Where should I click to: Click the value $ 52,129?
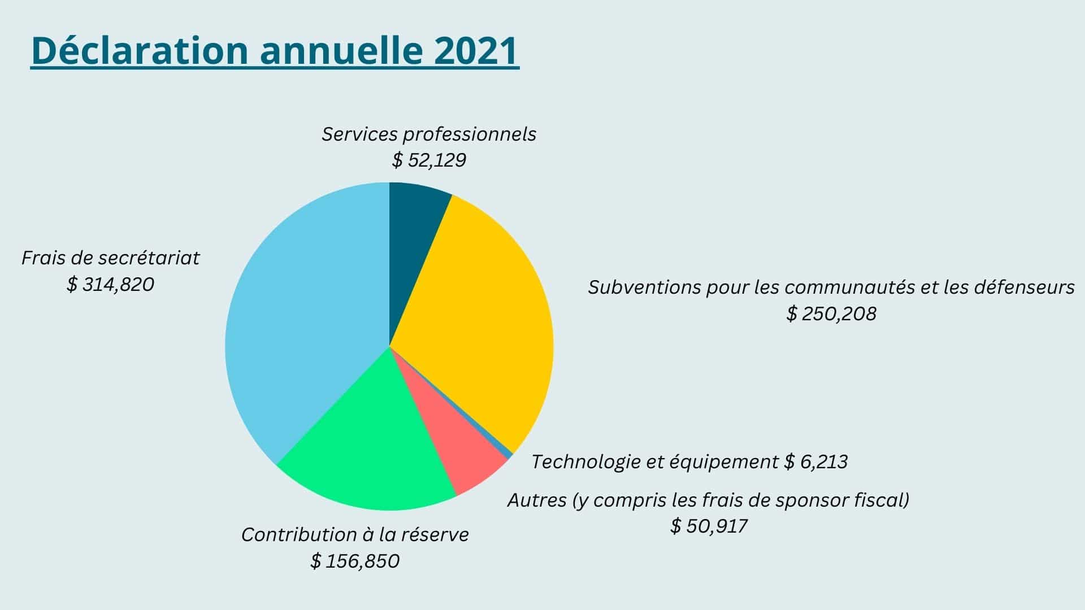click(429, 160)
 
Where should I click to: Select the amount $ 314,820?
click(110, 284)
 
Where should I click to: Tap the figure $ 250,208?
click(831, 313)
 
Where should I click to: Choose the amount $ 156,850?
click(355, 561)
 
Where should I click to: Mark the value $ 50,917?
click(709, 526)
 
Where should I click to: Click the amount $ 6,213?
click(817, 462)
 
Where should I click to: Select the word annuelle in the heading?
click(341, 51)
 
